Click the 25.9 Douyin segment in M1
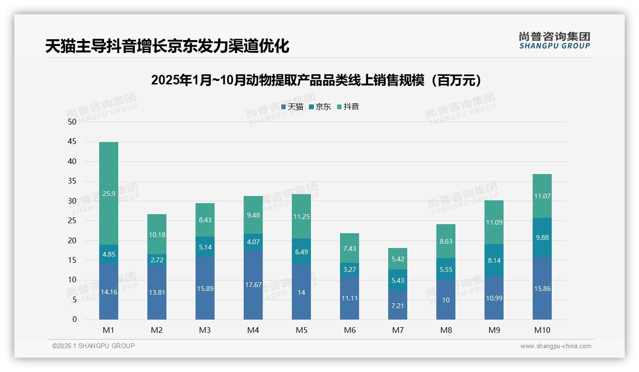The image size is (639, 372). point(109,194)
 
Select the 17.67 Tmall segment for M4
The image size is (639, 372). point(253,285)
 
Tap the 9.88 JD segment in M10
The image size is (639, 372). point(542,238)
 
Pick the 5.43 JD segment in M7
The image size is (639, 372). point(398,280)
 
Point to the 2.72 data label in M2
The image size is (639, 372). point(157,260)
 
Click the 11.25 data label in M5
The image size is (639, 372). point(301,217)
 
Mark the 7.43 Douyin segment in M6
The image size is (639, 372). point(350,248)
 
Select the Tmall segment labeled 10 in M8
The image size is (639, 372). point(446,300)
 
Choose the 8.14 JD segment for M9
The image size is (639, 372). point(494,260)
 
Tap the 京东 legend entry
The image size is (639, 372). point(320,107)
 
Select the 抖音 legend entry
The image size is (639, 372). point(348,107)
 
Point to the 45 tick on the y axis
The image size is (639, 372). point(72,142)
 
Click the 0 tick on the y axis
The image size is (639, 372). point(74,320)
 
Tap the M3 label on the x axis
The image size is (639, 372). point(205,330)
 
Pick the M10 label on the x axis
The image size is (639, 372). point(542,330)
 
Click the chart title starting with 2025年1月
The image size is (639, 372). point(316,80)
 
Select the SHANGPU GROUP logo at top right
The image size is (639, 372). point(554,41)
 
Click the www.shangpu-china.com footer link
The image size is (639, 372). point(556,346)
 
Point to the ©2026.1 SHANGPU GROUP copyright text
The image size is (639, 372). point(93,346)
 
